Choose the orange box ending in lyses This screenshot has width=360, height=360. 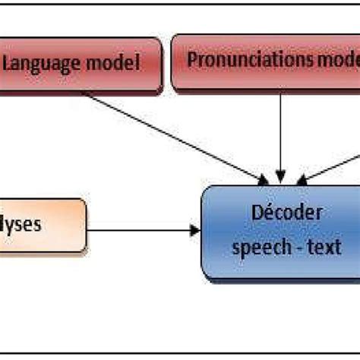pos(42,226)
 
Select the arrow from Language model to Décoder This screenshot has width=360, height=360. pos(175,137)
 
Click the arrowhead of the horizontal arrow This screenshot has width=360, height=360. pos(194,226)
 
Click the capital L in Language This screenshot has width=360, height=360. pos(9,63)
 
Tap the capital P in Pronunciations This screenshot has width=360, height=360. pos(192,61)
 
